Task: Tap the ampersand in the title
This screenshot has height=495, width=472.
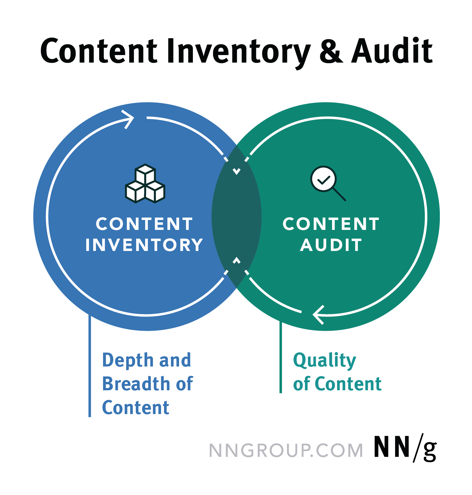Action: point(331,51)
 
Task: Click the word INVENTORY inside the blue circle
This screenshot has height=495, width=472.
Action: point(144,245)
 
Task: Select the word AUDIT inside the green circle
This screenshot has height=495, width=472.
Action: point(331,245)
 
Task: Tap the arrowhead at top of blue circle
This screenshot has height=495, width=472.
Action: point(129,119)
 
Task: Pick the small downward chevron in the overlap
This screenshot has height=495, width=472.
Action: point(237,172)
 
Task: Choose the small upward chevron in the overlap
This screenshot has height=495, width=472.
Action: point(237,260)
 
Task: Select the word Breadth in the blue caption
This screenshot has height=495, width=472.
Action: point(136,384)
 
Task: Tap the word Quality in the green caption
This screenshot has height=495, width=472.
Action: point(324,360)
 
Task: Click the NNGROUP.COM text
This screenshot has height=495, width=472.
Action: point(286,450)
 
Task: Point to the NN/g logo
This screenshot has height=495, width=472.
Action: point(405,448)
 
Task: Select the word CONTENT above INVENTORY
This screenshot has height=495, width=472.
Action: point(144,224)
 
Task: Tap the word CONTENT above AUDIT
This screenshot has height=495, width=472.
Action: point(331,224)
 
